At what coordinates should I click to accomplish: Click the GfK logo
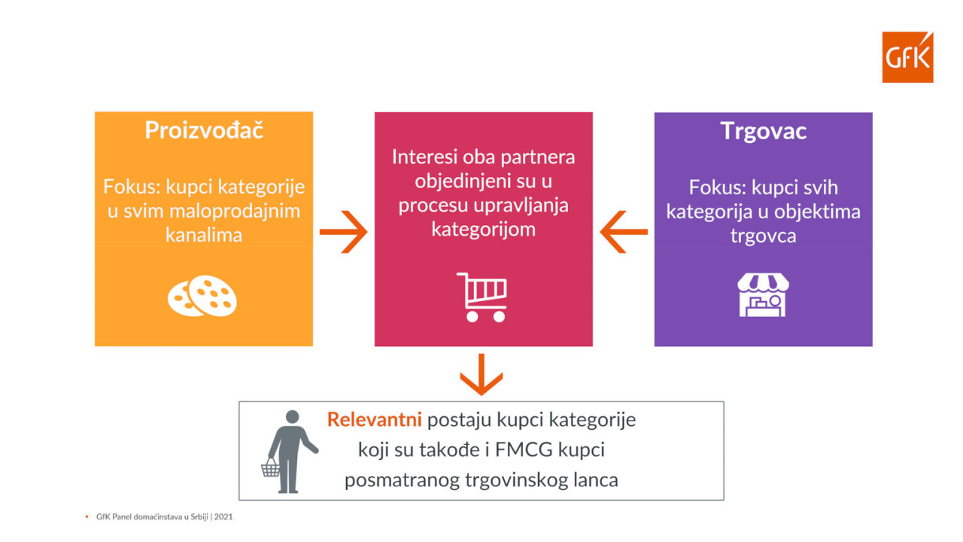point(907,56)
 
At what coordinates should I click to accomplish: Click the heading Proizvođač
point(204,129)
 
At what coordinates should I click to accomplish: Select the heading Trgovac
point(763,131)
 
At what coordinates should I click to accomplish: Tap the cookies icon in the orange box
point(202,296)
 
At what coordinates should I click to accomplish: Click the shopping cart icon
point(482,297)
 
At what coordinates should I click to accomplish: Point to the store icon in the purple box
point(763,295)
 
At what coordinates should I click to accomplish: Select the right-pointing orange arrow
point(344,232)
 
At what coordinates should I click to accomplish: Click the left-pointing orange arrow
point(624,232)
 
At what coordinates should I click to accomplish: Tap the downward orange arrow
point(481,374)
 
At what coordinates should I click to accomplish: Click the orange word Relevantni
point(375,419)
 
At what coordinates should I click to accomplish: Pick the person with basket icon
point(290,452)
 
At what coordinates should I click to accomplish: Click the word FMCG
point(524,450)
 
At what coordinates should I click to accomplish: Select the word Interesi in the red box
point(424,157)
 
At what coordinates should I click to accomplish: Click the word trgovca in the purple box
point(763,236)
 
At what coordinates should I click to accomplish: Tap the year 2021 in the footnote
point(223,516)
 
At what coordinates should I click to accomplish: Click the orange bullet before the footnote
point(87,516)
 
